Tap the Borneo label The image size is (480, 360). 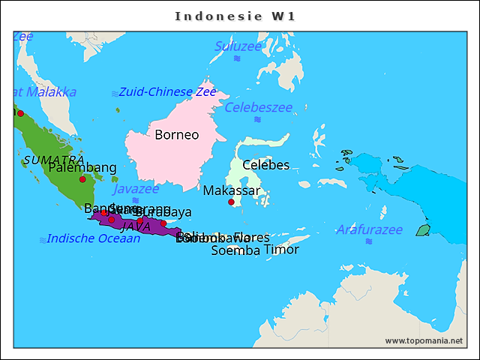[176, 135]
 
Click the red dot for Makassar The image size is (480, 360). [232, 202]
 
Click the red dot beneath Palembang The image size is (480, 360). [82, 179]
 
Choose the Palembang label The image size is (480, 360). [82, 167]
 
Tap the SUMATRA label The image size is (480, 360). [53, 160]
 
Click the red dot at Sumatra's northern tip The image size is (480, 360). [20, 113]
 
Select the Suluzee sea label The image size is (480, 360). [238, 46]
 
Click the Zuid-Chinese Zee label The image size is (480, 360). [167, 92]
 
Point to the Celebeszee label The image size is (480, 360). [259, 107]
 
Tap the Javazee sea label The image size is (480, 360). [136, 189]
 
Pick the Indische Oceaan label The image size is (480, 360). [93, 238]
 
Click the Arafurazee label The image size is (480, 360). [369, 229]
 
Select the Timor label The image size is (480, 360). [281, 250]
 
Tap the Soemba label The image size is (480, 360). [235, 250]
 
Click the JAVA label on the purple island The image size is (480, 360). [136, 226]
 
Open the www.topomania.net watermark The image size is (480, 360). [424, 340]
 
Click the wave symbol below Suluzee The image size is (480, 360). [237, 58]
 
